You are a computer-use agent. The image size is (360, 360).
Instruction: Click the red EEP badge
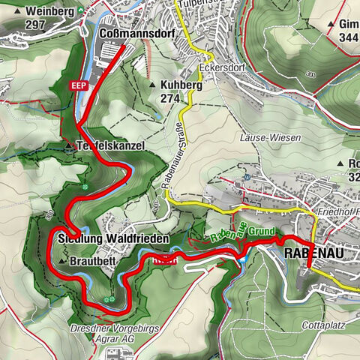79,86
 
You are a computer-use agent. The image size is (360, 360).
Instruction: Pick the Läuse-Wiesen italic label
270,138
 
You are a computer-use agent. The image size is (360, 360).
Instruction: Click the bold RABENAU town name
314,254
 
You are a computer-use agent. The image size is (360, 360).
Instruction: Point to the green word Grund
261,231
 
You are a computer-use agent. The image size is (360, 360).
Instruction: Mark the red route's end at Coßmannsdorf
121,46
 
